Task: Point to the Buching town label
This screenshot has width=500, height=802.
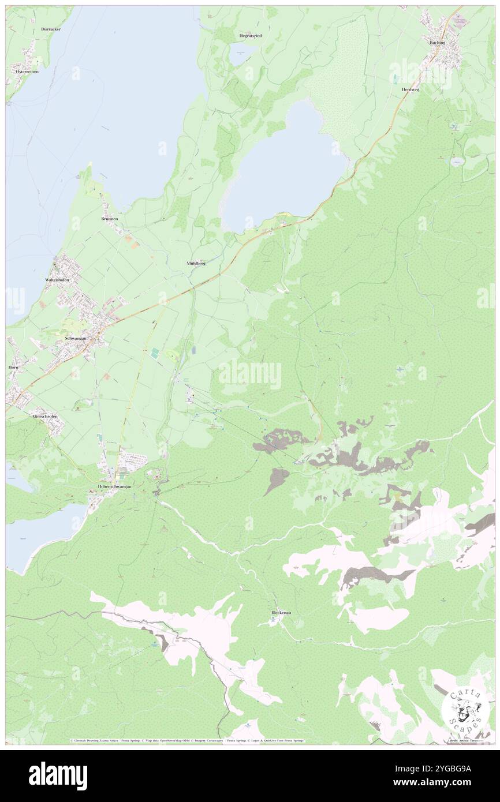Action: pos(437,43)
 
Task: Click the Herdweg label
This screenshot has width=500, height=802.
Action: pos(411,89)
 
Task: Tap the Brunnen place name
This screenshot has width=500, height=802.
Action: pos(109,219)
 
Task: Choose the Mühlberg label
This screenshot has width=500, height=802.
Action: pos(196,263)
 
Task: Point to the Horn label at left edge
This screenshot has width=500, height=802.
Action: pos(13,367)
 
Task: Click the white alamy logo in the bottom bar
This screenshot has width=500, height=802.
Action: pos(58,776)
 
